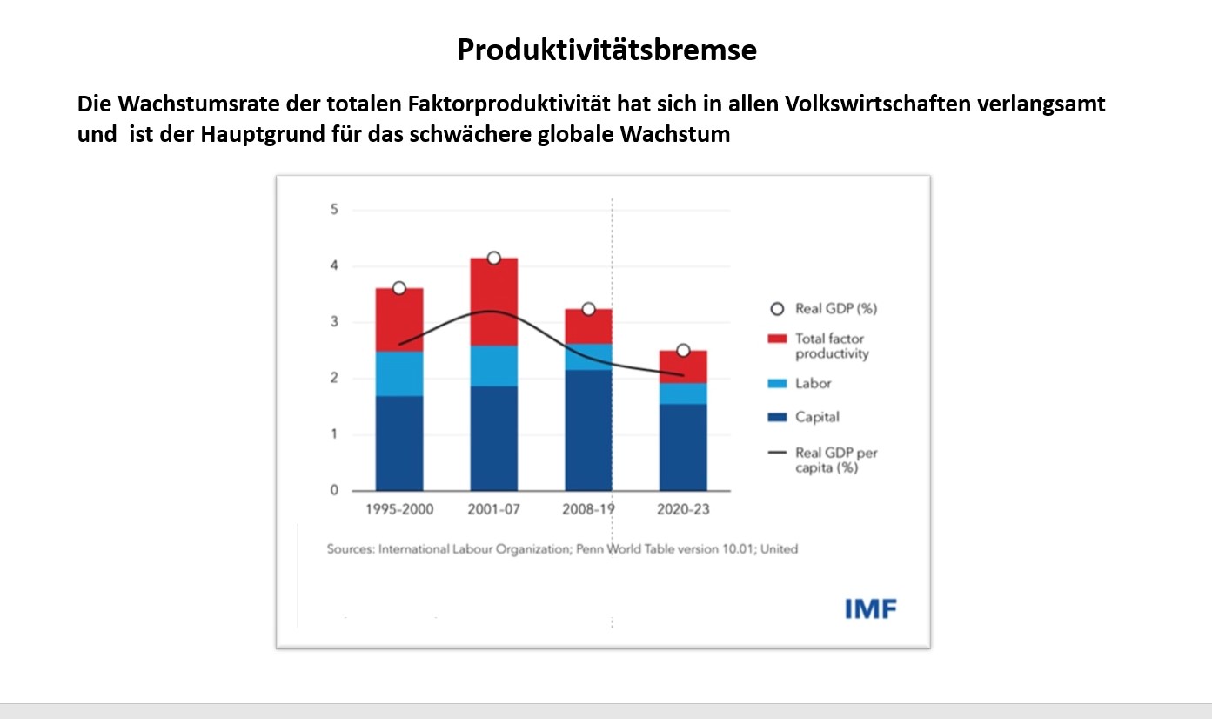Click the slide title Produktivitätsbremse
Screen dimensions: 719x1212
(606, 50)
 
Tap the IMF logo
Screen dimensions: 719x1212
(870, 608)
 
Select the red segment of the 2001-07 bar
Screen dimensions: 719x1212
(494, 301)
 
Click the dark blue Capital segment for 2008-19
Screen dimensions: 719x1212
(588, 430)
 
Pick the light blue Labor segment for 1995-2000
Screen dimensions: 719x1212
(399, 373)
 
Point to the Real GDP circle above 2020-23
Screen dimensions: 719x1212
(683, 350)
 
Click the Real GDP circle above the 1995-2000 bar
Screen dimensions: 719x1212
(399, 288)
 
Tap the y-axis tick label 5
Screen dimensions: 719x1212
(333, 210)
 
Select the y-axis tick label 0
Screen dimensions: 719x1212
(333, 491)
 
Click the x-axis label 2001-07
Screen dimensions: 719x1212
(494, 509)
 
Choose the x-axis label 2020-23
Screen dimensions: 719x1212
(682, 509)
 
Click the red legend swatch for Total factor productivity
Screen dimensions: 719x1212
(778, 338)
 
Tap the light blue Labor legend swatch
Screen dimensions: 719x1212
(778, 383)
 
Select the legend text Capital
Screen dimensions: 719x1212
(817, 417)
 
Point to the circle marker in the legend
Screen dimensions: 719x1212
(778, 309)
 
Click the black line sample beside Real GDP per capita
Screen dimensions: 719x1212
(778, 453)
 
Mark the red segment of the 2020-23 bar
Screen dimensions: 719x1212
(683, 366)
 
